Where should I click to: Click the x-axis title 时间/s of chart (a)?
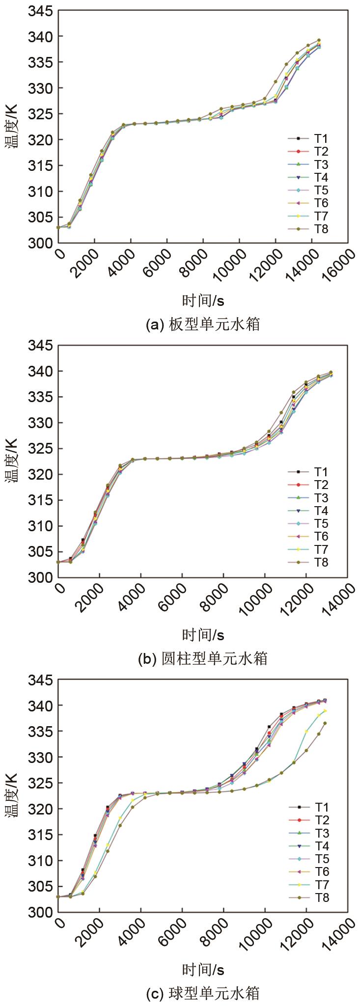click(x=203, y=300)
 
